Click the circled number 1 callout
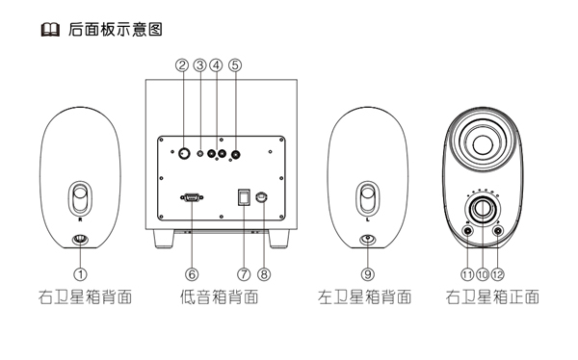pos(80,274)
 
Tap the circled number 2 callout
pos(182,65)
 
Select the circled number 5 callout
pos(235,65)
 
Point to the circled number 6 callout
pos(192,274)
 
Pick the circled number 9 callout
pos(368,274)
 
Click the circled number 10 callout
pos(483,274)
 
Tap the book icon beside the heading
pos(50,30)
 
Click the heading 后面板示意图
pos(116,30)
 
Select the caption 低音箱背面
pos(220,297)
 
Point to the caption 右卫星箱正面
pos(492,297)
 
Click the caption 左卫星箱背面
pos(365,297)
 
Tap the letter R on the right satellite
pos(80,220)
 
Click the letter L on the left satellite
pos(368,220)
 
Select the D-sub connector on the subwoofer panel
pos(192,198)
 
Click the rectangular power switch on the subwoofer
pos(244,197)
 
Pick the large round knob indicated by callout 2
pos(184,153)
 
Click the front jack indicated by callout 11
pos(467,231)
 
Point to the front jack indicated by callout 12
pos(498,231)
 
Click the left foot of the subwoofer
pos(164,239)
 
